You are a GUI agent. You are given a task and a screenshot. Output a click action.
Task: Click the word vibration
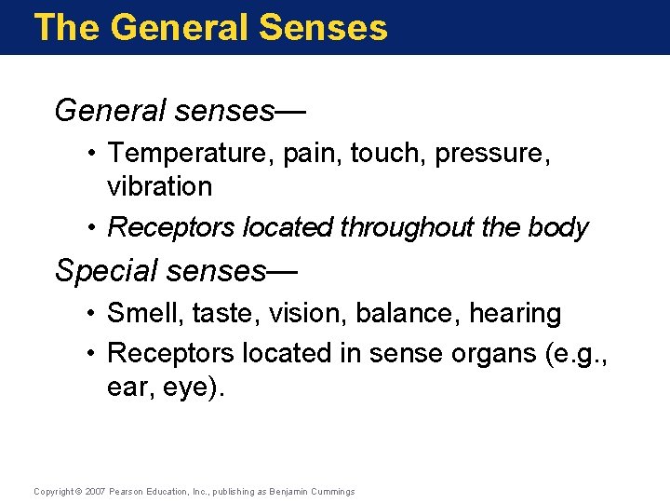pos(160,186)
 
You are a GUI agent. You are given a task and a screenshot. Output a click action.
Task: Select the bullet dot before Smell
pos(95,314)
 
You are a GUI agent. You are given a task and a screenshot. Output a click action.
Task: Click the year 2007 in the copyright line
pos(96,491)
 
